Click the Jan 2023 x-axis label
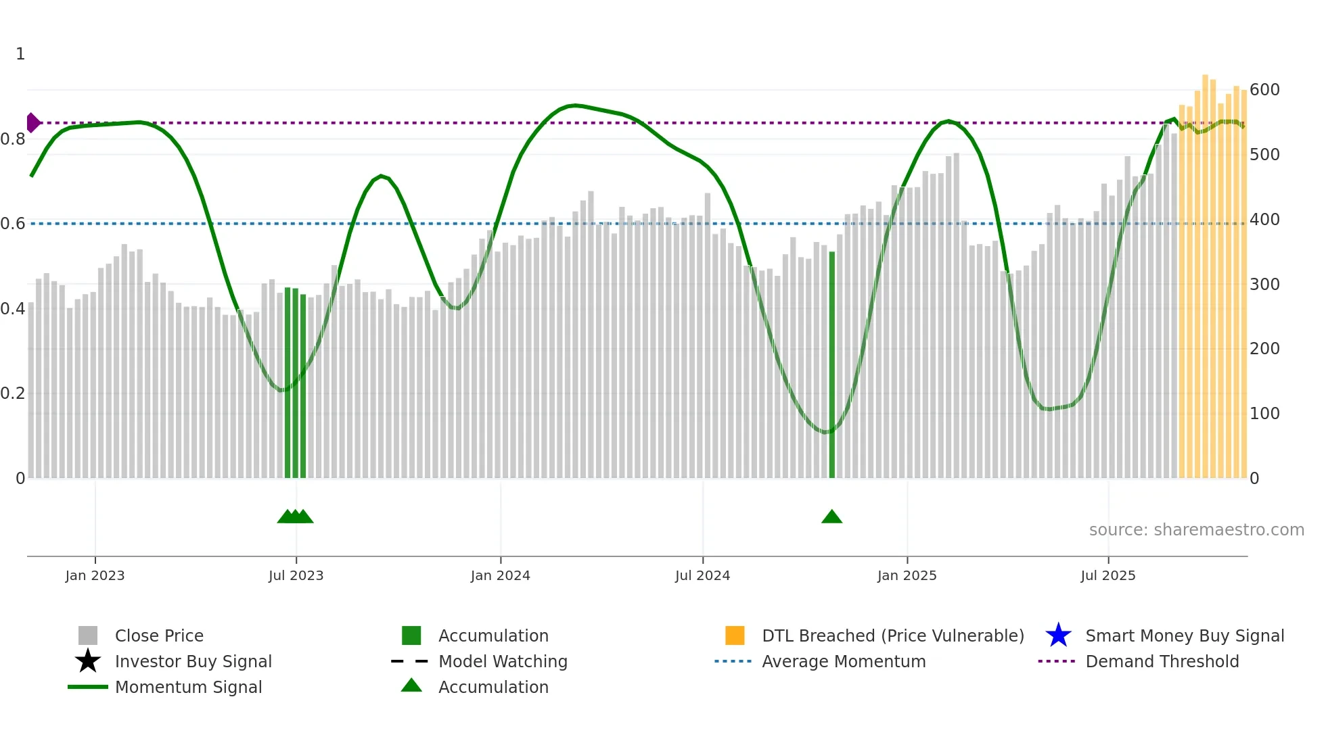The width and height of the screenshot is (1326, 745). [x=95, y=576]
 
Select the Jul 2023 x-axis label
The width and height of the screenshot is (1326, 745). [x=296, y=576]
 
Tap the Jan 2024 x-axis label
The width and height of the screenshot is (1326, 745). [x=500, y=576]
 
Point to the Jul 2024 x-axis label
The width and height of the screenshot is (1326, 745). [x=702, y=576]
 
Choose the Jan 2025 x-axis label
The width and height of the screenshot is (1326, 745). [x=907, y=576]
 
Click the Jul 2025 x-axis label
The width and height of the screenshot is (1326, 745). [x=1107, y=576]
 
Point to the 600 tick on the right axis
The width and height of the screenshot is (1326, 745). [x=1264, y=90]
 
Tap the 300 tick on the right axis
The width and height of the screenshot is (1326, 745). [x=1264, y=285]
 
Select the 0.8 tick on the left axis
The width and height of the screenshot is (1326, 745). [x=13, y=139]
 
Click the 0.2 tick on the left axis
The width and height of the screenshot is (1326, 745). [x=13, y=393]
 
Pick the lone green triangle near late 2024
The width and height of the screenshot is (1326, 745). [x=831, y=517]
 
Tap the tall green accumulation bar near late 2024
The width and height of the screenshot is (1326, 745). [x=831, y=365]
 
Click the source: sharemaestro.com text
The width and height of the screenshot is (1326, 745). [x=1196, y=530]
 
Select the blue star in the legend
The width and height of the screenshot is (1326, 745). [x=1058, y=635]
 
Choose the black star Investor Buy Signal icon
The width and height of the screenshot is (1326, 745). [x=88, y=661]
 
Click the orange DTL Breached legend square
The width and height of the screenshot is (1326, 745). [x=735, y=635]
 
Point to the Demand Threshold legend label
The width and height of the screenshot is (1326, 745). [x=1162, y=661]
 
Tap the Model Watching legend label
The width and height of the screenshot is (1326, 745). [x=503, y=661]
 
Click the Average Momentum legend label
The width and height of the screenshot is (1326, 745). [x=844, y=661]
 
